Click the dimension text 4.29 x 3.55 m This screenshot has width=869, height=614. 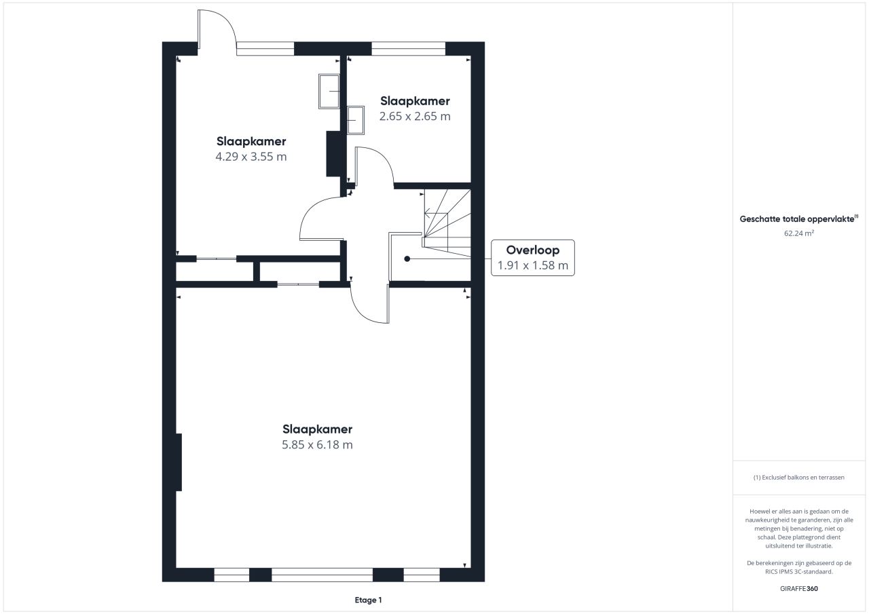coord(251,157)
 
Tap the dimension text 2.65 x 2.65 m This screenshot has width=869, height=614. coord(415,116)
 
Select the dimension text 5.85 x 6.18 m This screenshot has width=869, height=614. coord(317,444)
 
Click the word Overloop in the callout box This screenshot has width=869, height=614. coord(533,250)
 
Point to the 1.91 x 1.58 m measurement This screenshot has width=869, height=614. coord(533,265)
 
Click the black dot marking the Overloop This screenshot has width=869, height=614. coord(407,259)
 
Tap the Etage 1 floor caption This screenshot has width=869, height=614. coord(368,600)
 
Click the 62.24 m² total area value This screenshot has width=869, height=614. coord(799,233)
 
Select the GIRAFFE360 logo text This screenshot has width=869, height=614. coord(799,588)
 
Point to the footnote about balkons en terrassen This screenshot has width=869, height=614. coord(799,478)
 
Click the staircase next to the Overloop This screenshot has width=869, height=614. coord(447,223)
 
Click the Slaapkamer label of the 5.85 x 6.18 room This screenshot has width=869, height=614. coord(317,429)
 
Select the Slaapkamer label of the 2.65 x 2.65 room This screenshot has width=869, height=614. coord(415,101)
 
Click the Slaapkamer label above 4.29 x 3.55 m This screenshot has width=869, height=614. coord(251,141)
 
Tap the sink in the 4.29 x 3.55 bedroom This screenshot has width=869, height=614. coord(329,91)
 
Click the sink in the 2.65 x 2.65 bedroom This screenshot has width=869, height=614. coord(355,120)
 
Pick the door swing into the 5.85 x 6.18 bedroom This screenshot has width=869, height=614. coord(370,304)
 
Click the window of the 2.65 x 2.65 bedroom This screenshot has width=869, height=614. coord(409,48)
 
